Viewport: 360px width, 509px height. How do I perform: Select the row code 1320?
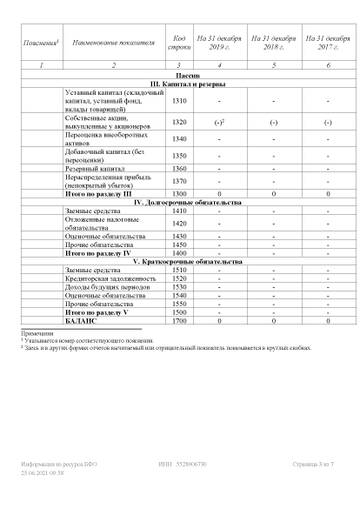coord(180,122)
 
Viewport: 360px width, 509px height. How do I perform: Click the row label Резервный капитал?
coord(95,169)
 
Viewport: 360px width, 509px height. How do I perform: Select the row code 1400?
coord(180,254)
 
